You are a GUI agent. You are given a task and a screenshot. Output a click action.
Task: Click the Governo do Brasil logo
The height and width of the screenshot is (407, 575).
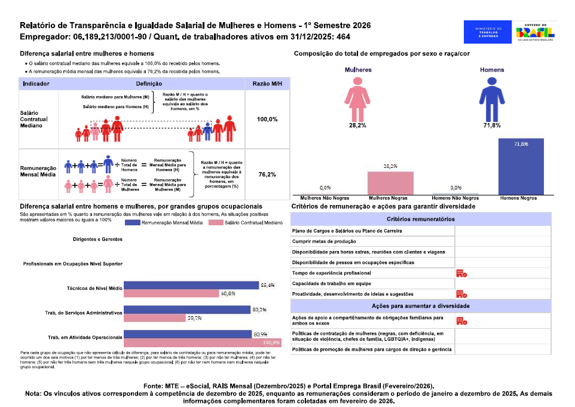[535, 32]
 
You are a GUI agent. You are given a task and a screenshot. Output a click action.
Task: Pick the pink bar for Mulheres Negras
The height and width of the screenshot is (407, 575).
[390, 182]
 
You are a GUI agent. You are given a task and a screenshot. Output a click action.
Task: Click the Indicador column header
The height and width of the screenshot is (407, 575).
[36, 84]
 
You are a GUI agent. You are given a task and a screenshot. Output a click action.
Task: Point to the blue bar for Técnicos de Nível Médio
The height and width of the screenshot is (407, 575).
[192, 286]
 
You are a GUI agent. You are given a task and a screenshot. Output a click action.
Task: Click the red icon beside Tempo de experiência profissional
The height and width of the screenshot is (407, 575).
[461, 273]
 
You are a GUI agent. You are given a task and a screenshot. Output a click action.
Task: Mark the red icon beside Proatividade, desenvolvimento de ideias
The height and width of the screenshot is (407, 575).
[461, 293]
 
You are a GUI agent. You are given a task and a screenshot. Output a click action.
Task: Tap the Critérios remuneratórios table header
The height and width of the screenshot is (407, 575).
[420, 219]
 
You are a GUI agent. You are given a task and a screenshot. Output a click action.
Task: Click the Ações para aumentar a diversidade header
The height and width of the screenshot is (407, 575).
[420, 306]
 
